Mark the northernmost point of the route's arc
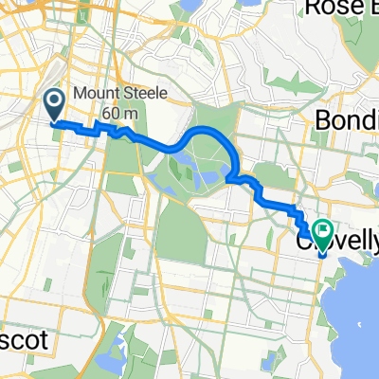click(x=210, y=130)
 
